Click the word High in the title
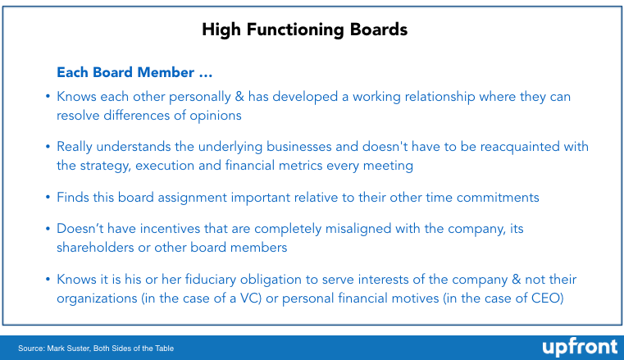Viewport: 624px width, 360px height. pos(221,30)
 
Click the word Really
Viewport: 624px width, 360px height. pos(75,147)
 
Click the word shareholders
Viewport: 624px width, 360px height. pos(95,248)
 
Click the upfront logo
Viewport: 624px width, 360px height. pos(580,347)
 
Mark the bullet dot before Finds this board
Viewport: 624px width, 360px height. pos(48,198)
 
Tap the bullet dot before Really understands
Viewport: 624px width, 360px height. pos(48,147)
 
